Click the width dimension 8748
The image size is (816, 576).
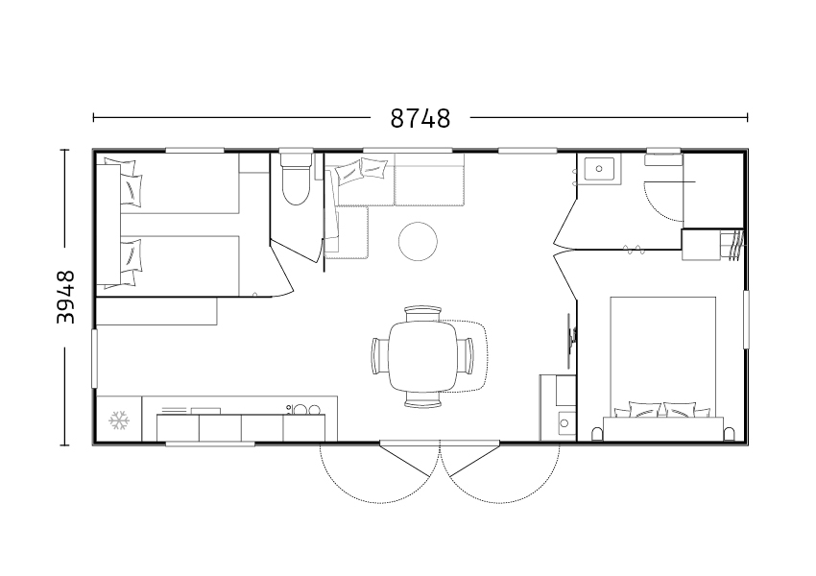click(420, 119)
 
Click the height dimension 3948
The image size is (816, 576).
click(66, 297)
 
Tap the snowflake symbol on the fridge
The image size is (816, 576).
click(119, 420)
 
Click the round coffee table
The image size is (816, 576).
click(418, 241)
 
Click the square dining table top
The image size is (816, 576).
click(422, 356)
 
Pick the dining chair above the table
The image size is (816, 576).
click(422, 314)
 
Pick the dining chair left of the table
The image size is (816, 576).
click(380, 355)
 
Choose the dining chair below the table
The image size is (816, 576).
click(422, 399)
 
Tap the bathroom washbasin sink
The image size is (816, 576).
click(599, 169)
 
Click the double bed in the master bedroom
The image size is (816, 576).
click(663, 369)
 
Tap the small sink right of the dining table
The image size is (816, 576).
click(565, 423)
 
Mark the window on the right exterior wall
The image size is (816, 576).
click(746, 319)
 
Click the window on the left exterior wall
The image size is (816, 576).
click(94, 358)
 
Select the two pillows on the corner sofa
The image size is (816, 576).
click(362, 171)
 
